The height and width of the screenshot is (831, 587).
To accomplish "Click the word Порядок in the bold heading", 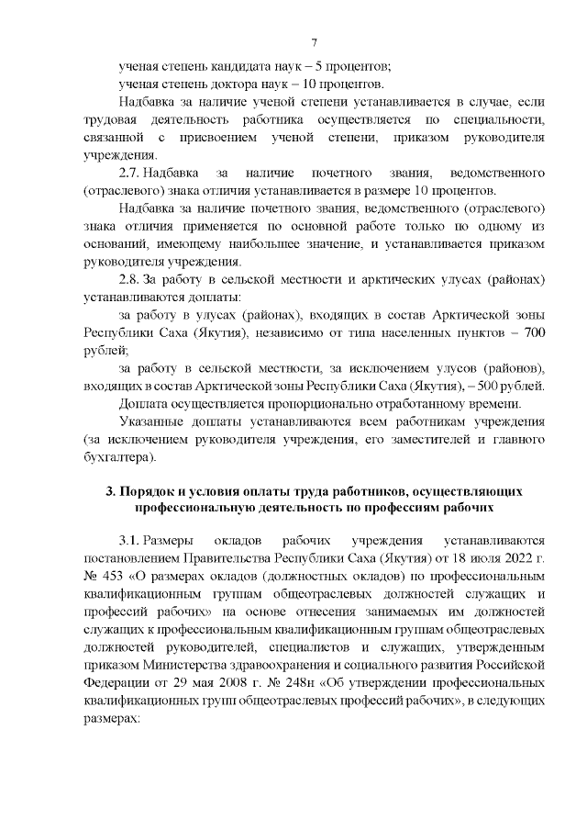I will (159, 488).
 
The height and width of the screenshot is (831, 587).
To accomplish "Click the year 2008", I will (232, 683).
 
